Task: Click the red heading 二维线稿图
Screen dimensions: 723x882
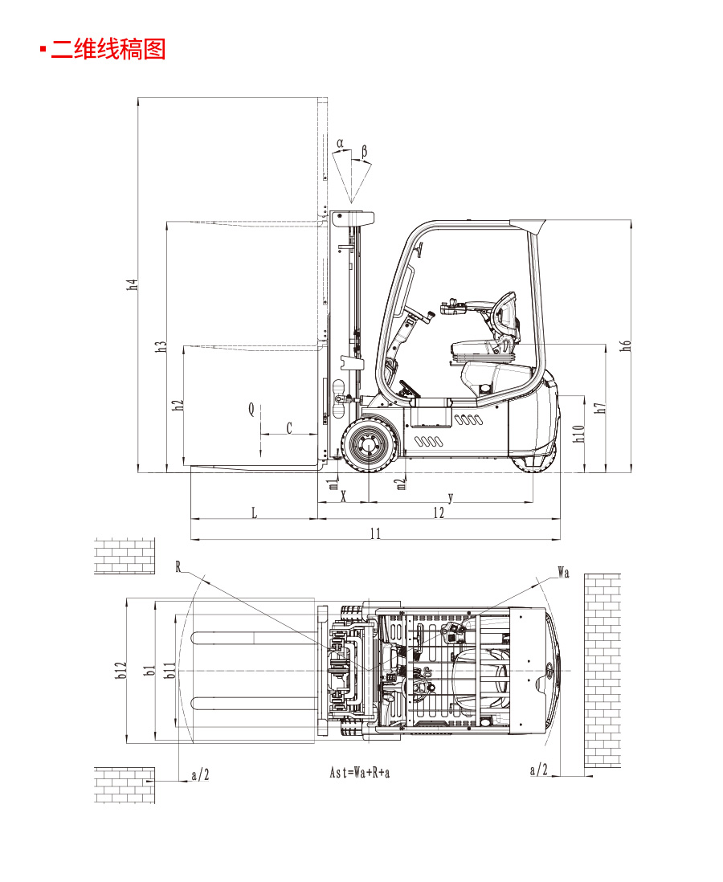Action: click(x=108, y=49)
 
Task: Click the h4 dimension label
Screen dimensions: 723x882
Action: click(x=132, y=284)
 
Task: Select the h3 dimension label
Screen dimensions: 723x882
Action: click(x=161, y=346)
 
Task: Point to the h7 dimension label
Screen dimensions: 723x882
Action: click(x=600, y=408)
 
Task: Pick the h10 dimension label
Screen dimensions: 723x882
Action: click(x=578, y=433)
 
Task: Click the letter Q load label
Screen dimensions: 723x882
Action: click(x=251, y=410)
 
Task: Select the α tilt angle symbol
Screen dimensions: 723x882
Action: click(x=340, y=144)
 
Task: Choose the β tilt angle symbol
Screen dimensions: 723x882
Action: click(x=364, y=151)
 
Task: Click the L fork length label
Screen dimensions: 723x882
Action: click(x=255, y=512)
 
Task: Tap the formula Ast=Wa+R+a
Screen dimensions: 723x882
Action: click(x=360, y=772)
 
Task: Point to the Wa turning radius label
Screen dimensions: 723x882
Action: click(x=563, y=573)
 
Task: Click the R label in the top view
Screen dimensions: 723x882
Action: click(x=178, y=566)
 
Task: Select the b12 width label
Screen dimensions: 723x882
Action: click(x=120, y=670)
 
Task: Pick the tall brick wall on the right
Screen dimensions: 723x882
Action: click(x=602, y=671)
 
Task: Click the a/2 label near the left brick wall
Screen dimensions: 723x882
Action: click(x=200, y=774)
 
